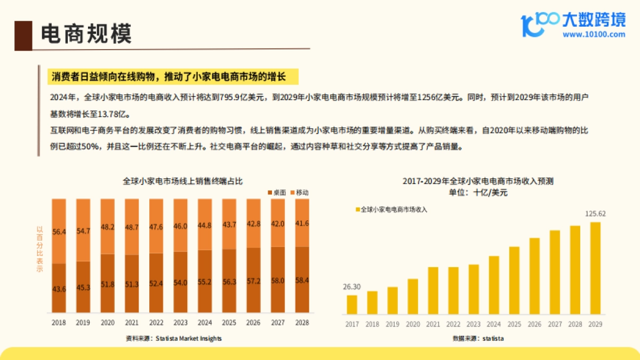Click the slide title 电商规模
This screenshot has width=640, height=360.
86,34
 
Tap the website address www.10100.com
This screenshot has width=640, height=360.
594,35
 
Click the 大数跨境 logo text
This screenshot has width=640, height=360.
594,20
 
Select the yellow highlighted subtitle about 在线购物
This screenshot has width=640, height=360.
169,77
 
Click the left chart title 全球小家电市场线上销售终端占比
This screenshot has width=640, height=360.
182,181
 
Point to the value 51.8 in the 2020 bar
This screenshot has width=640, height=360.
107,284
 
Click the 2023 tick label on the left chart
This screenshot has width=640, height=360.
180,323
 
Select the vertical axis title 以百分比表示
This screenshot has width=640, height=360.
39,250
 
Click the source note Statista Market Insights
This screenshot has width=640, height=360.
173,338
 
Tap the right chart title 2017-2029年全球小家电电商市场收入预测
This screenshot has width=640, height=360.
478,181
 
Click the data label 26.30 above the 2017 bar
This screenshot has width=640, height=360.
351,287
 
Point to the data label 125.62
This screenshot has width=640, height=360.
595,214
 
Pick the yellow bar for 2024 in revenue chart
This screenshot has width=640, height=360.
494,285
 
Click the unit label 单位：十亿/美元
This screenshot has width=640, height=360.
478,193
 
